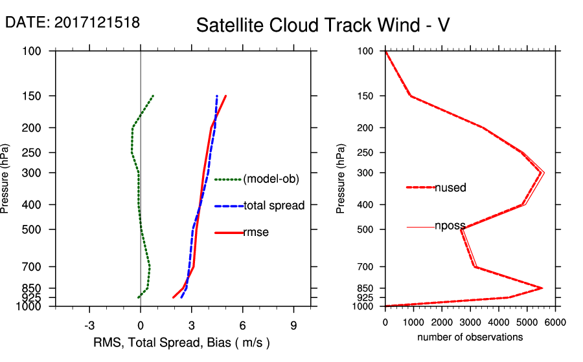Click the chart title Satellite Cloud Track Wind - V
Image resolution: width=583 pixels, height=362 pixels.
pos(323,25)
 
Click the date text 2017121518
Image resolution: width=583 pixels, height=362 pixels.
pos(97,23)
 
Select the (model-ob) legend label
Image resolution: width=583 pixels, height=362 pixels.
pos(271,179)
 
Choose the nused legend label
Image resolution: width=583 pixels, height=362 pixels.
pos(450,187)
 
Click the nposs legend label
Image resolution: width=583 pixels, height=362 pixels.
pos(450,226)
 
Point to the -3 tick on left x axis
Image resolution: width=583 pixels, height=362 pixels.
pos(89,325)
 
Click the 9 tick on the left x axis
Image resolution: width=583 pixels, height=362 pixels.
pos(293,325)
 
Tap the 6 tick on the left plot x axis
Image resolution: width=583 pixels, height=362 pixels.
pos(242,325)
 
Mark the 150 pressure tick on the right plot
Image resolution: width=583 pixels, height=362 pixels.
pos(366,96)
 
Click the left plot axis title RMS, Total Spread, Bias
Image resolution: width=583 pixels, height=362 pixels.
pos(181,343)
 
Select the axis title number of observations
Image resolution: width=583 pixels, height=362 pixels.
pos(470,337)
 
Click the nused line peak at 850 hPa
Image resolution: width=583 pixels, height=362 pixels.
pos(542,288)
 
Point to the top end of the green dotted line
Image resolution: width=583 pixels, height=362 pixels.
pos(153,96)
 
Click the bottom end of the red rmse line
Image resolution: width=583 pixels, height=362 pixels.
pos(173,297)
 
